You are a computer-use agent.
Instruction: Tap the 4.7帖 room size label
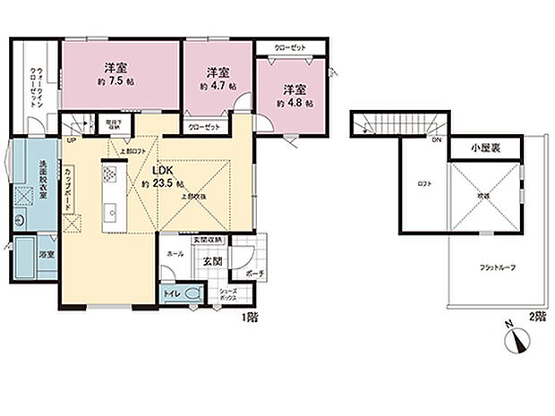coord(218,87)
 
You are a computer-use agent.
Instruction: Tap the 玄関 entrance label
coord(211,261)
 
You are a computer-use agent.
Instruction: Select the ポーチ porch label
coord(254,274)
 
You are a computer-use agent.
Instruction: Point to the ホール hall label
coord(175,253)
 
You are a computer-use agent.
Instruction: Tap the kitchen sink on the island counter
coord(113,211)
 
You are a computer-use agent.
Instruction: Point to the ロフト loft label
coord(425,183)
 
